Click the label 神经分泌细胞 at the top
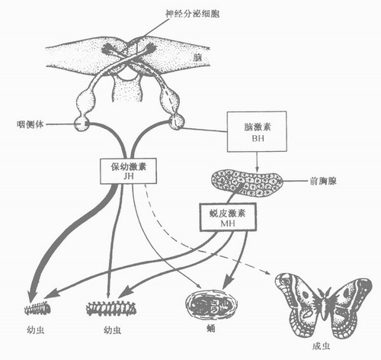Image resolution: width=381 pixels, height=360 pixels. [192, 13]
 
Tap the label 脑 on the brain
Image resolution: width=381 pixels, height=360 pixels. [197, 57]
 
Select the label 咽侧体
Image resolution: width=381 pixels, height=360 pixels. [30, 124]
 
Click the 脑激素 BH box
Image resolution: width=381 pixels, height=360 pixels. [257, 131]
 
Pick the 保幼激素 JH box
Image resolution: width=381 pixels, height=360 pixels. [128, 171]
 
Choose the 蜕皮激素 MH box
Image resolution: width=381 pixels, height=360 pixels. [228, 217]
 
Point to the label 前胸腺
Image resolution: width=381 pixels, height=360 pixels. [323, 181]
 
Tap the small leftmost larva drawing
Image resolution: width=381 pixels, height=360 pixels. [37, 308]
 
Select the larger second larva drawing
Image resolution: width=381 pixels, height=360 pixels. [111, 308]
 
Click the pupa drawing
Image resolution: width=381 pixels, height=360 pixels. [211, 304]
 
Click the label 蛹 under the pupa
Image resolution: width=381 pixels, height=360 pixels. [211, 329]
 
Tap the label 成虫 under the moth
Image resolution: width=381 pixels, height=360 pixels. [322, 346]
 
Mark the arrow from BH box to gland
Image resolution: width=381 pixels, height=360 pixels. [257, 162]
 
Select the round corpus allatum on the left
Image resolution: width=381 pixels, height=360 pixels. [82, 124]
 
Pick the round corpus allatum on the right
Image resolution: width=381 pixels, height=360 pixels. [177, 122]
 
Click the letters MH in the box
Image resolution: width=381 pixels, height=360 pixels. [228, 223]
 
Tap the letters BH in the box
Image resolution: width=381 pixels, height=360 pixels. [258, 138]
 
